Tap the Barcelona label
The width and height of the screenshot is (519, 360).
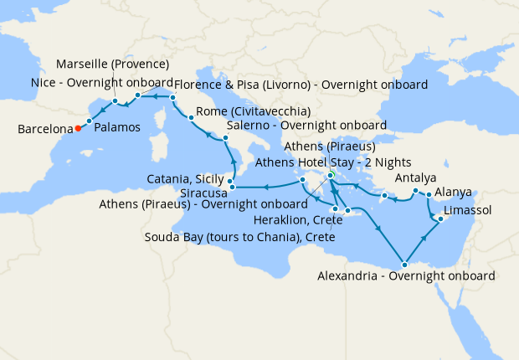point(42,130)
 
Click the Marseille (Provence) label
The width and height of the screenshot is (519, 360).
point(113,64)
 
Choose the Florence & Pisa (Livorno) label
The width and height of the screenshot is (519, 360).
point(301,85)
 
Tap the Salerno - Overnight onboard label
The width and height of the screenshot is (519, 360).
point(306,126)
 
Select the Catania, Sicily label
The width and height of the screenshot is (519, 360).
point(184,179)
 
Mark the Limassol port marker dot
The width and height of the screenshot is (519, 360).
point(439,219)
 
